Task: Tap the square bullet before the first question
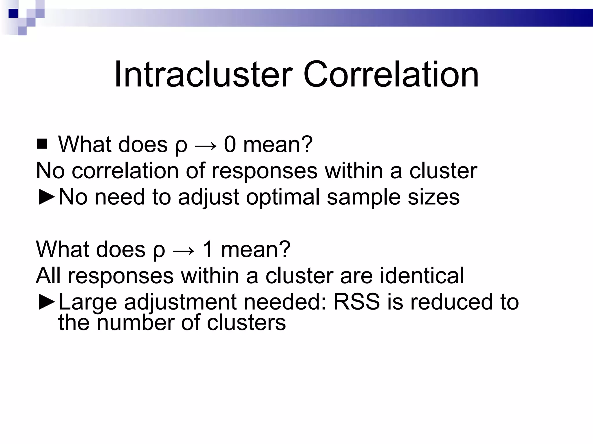(42, 144)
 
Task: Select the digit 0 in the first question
(230, 144)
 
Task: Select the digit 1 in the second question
(208, 249)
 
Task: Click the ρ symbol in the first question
(181, 146)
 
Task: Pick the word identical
(422, 275)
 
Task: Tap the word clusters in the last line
(246, 323)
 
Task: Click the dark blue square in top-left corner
(13, 13)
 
